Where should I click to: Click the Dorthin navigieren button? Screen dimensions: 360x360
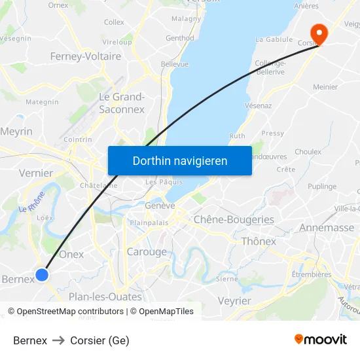180,161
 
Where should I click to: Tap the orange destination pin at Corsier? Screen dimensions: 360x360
319,33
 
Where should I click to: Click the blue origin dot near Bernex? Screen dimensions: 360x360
42,275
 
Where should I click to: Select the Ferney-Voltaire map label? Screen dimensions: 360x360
86,57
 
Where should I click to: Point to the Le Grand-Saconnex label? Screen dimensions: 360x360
122,103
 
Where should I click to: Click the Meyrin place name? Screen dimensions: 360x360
16,132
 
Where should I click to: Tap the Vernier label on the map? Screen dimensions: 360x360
36,173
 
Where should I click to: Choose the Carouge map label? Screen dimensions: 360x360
147,252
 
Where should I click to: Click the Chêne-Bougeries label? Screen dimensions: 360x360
234,219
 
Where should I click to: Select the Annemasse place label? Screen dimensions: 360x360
326,228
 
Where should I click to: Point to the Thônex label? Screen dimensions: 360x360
259,242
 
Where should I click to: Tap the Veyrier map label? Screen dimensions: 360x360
234,301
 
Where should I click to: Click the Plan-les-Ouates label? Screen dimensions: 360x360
105,297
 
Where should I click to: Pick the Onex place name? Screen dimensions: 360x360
71,254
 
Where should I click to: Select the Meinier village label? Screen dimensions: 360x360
325,87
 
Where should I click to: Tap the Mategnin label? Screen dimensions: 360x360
42,102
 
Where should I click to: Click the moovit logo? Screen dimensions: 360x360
321,340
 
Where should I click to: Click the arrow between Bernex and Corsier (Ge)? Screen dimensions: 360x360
58,340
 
